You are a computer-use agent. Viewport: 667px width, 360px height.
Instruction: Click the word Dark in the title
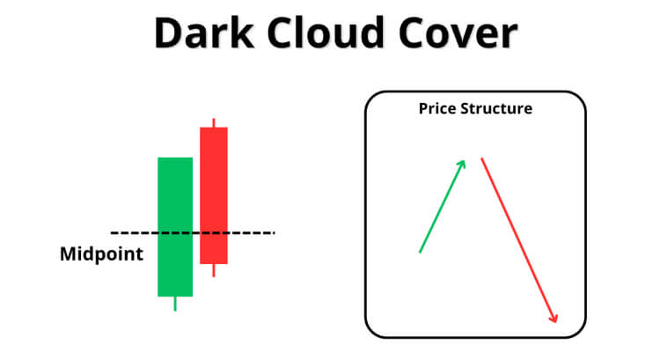coord(204,33)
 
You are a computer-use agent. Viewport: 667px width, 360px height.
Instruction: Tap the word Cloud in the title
coord(326,33)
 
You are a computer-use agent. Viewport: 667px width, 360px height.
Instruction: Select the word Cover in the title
coord(458,33)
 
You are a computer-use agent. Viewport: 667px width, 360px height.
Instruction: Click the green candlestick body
coord(175,227)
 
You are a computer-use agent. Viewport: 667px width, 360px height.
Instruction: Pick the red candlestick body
coord(214,195)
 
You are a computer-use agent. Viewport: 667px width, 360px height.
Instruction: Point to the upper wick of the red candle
coord(214,122)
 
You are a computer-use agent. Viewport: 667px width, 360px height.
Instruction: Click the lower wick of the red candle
coord(214,270)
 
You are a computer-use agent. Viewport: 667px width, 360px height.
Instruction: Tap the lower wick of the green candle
coord(175,304)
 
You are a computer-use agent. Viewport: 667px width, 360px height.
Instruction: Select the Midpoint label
coord(102,254)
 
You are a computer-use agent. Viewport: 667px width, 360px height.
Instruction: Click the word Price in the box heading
coord(437,108)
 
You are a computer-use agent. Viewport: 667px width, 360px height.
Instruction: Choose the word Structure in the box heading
coord(496,108)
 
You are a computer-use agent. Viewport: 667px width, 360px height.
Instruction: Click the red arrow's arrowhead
coord(553,318)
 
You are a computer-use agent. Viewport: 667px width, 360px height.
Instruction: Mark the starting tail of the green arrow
coord(421,253)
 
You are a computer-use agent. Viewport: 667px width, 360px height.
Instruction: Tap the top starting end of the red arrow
coord(482,158)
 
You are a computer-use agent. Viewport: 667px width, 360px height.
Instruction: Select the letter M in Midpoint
coord(69,254)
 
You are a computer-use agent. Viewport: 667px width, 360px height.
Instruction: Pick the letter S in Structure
coord(465,109)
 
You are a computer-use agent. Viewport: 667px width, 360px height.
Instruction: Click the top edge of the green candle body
coord(175,158)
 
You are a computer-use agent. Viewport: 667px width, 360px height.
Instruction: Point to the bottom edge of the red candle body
coord(214,263)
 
